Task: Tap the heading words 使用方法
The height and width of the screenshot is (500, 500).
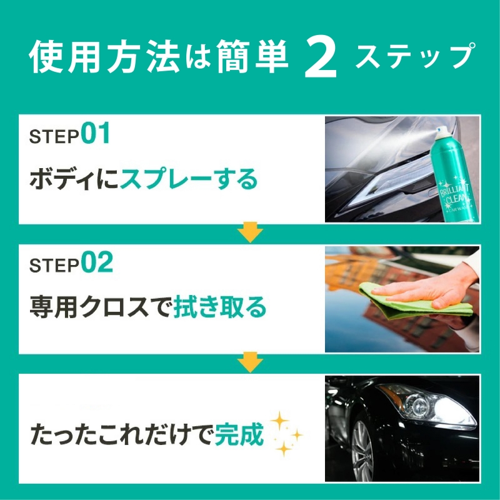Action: point(104,56)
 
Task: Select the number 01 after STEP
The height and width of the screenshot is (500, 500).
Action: point(96,133)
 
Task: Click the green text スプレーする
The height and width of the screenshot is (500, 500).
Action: point(189,179)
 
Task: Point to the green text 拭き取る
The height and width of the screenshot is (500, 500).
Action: point(220,307)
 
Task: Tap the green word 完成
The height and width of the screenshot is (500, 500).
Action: point(239,434)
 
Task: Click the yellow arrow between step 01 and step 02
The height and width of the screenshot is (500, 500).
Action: point(251,232)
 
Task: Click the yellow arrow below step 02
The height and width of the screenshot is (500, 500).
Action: point(251,362)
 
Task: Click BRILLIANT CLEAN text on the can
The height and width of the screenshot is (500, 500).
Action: point(457,194)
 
